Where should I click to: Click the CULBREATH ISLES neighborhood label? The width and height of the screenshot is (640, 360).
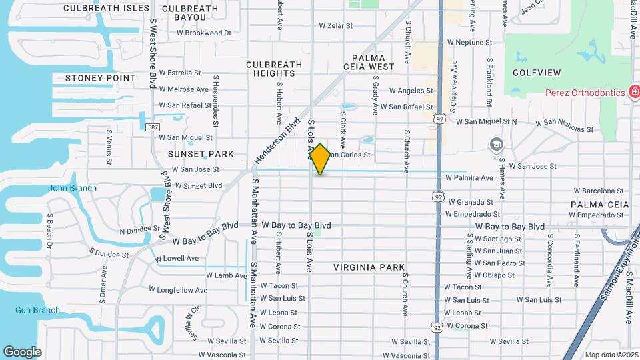point(107,8)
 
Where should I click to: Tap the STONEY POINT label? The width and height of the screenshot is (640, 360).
point(101,78)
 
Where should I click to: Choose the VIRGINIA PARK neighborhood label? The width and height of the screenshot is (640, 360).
point(369,267)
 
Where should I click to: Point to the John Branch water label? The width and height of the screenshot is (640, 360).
point(72,188)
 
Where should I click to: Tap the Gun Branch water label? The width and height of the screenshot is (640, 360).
point(37,310)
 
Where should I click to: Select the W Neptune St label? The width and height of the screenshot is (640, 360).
point(469,42)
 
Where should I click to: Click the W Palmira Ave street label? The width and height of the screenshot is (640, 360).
point(469,178)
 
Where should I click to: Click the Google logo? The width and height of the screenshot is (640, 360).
point(22,352)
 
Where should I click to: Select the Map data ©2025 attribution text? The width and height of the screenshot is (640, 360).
point(610,355)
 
